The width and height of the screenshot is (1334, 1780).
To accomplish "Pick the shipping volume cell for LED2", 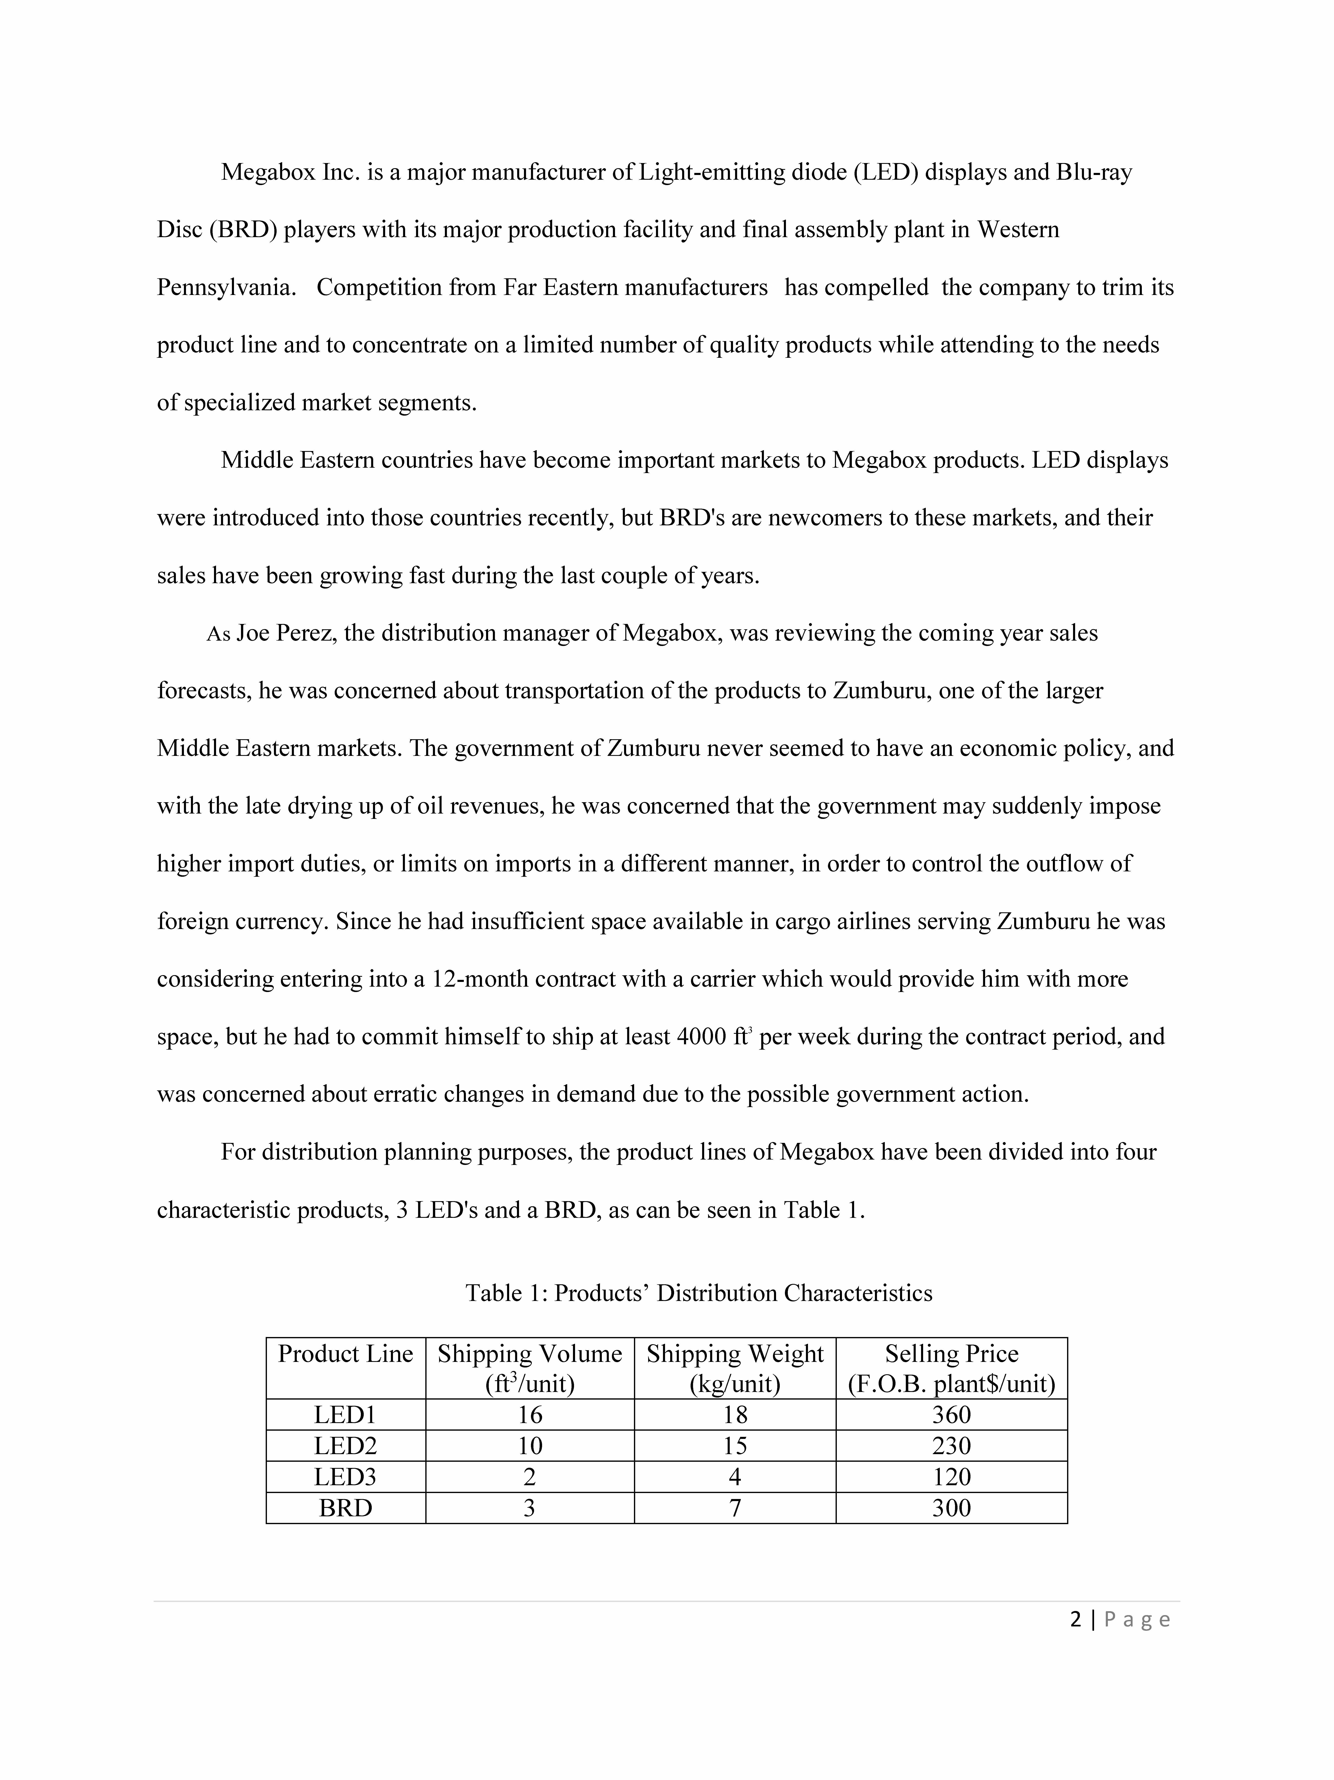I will (x=530, y=1446).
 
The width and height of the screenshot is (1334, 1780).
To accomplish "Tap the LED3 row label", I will (x=345, y=1477).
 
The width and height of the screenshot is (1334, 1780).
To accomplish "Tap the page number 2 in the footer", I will (x=1076, y=1620).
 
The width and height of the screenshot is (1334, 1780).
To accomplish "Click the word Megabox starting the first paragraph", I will (x=268, y=172).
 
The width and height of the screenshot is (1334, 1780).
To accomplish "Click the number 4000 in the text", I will (x=702, y=1036).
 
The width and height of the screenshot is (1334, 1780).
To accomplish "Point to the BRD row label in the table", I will (x=345, y=1508).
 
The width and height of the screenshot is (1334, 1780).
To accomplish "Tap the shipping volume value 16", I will (x=530, y=1415).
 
